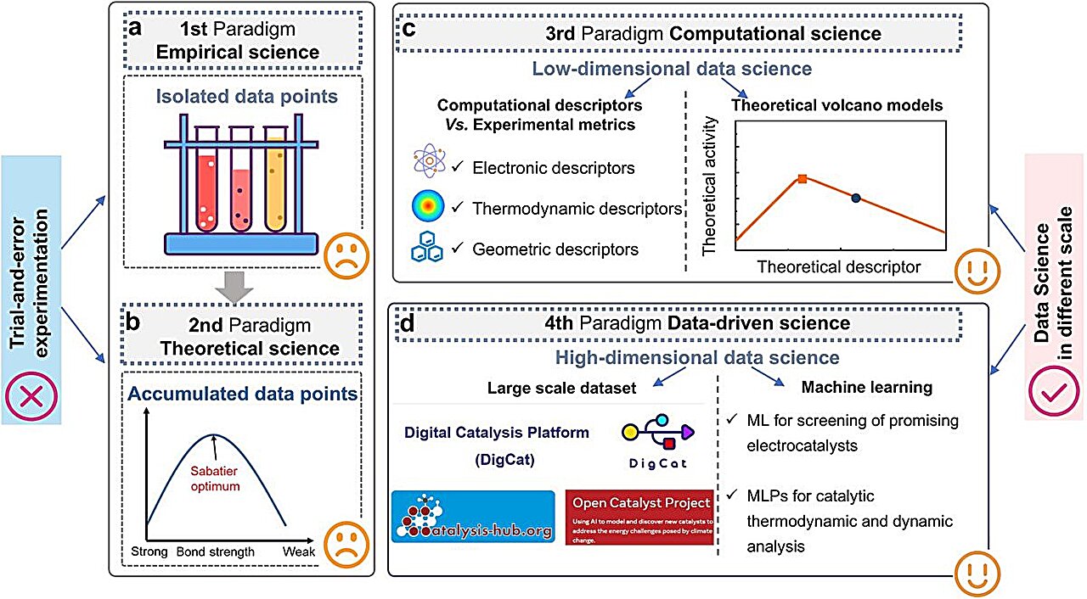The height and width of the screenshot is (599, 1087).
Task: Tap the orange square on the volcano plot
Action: (802, 179)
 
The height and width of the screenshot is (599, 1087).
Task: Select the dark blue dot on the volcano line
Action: (856, 198)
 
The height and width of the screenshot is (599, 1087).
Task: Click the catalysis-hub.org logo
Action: (472, 517)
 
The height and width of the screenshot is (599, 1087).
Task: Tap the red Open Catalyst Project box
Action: (639, 516)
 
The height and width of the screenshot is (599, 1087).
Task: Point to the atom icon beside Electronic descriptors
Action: (422, 165)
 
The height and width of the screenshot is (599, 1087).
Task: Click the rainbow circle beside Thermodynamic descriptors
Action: (423, 206)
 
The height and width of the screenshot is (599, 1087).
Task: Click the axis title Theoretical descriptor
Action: (838, 267)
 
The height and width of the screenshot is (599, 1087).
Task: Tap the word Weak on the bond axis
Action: (300, 552)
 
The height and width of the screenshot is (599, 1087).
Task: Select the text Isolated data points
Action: (246, 96)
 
